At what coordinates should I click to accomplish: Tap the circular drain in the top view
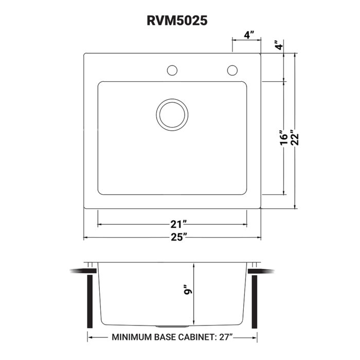tap(171, 114)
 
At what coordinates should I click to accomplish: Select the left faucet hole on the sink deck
tap(172, 69)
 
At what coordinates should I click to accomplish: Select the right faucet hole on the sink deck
tap(232, 69)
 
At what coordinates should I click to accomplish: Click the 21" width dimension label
tap(178, 224)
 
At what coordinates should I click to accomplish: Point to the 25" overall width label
tap(178, 237)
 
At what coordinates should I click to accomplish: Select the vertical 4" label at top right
tap(279, 45)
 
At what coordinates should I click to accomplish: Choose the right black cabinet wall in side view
tap(254, 301)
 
